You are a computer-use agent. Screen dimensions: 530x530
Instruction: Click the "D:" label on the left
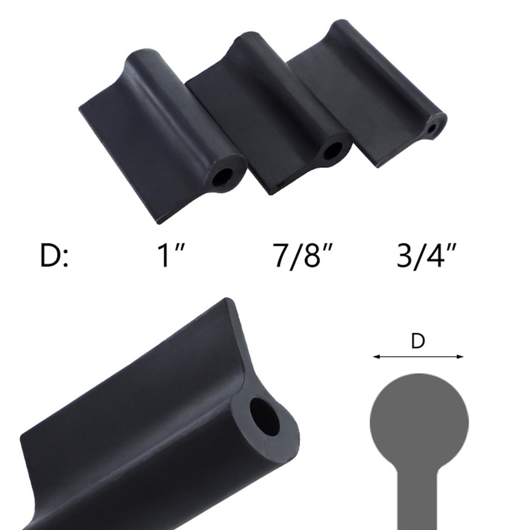(54, 256)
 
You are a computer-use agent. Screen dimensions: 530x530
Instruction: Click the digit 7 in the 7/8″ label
(282, 256)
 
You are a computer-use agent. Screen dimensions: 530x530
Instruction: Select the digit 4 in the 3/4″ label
(434, 256)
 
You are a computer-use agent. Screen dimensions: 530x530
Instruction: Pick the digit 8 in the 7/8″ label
(312, 256)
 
